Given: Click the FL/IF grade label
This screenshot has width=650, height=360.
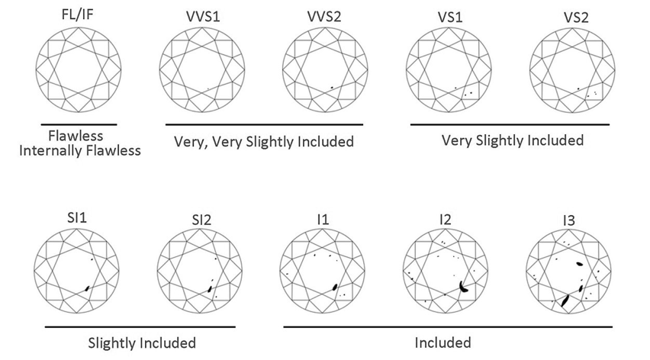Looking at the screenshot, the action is pyautogui.click(x=78, y=14).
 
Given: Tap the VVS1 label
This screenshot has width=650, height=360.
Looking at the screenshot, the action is pyautogui.click(x=203, y=17).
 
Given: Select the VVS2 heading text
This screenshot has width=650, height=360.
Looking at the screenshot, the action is pyautogui.click(x=324, y=17).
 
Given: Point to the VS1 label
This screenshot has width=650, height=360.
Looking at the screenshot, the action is pyautogui.click(x=450, y=18).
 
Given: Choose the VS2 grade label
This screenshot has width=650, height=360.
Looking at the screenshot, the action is pyautogui.click(x=576, y=18).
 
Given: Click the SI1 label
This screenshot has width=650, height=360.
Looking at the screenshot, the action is pyautogui.click(x=77, y=218).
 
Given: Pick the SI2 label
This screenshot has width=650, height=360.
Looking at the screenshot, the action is pyautogui.click(x=201, y=220).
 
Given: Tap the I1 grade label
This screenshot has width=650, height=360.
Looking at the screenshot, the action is pyautogui.click(x=323, y=219).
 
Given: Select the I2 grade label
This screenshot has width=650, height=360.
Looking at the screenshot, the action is pyautogui.click(x=446, y=219).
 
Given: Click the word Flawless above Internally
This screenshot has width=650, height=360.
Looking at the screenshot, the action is pyautogui.click(x=76, y=136).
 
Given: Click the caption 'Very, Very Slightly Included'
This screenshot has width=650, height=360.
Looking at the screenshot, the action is pyautogui.click(x=264, y=142).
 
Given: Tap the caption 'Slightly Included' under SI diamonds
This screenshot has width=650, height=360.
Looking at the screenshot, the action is pyautogui.click(x=142, y=343).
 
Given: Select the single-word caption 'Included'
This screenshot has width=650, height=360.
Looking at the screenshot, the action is pyautogui.click(x=442, y=342).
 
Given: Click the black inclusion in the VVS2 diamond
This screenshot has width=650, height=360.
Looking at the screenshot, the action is pyautogui.click(x=332, y=88).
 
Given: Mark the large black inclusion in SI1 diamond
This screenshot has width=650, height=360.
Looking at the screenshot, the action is pyautogui.click(x=87, y=288).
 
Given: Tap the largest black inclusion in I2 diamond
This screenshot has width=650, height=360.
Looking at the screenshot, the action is pyautogui.click(x=463, y=287).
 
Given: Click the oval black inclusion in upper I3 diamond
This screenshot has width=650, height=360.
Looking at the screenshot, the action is pyautogui.click(x=580, y=263).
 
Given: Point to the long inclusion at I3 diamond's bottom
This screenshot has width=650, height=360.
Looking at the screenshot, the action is pyautogui.click(x=565, y=301).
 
